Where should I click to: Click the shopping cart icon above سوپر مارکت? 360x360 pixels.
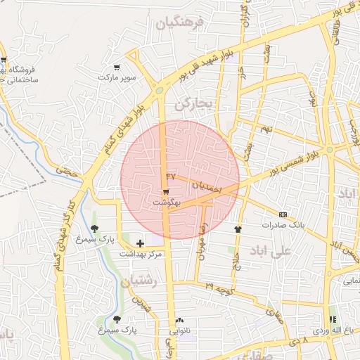click(x=117, y=67)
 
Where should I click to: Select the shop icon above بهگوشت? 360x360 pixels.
click(x=165, y=191)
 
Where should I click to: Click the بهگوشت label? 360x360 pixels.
click(x=167, y=202)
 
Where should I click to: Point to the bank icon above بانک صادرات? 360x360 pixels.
click(x=283, y=214)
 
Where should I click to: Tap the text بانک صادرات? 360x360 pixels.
click(x=283, y=225)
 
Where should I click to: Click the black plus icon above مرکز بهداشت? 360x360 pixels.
click(x=140, y=243)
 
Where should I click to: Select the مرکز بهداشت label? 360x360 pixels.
click(x=141, y=253)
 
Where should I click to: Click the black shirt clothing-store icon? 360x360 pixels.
click(x=238, y=229)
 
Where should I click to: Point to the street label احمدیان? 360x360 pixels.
click(x=207, y=187)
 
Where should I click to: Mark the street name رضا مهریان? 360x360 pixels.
click(x=202, y=241)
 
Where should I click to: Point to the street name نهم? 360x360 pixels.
click(x=266, y=130)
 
